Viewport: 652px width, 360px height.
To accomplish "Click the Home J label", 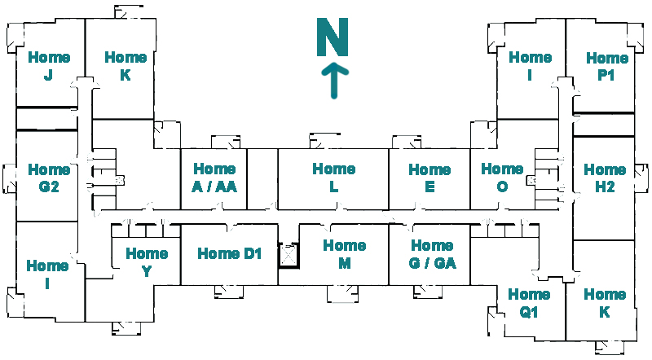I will point(49,66).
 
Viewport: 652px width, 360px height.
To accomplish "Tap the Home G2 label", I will point(49,178).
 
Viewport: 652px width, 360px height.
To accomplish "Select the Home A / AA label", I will point(214,178).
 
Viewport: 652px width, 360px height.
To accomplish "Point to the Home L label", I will point(333,178).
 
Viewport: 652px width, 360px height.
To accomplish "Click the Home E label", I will point(430,178).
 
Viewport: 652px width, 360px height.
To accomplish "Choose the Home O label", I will point(502,178).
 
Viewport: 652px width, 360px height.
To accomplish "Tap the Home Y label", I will point(147,262).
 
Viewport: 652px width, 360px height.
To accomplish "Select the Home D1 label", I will point(229,253).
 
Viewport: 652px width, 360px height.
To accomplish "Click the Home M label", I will point(344,253).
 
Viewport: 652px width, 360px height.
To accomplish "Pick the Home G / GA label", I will point(433,253).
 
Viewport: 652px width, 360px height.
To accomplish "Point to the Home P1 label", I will point(606,66).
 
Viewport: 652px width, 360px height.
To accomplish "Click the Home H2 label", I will point(605,178).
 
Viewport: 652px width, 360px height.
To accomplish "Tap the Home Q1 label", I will point(529,302).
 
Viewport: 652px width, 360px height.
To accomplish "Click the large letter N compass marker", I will point(333,37).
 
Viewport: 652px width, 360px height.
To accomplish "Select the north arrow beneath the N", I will point(333,81).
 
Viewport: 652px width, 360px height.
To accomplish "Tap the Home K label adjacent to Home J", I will point(126,66).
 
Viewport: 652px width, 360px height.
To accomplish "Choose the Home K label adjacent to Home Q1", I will point(605,303).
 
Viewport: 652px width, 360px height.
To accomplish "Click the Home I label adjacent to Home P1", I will point(530,66).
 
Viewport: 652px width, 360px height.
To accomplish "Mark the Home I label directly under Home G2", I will point(47,274).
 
